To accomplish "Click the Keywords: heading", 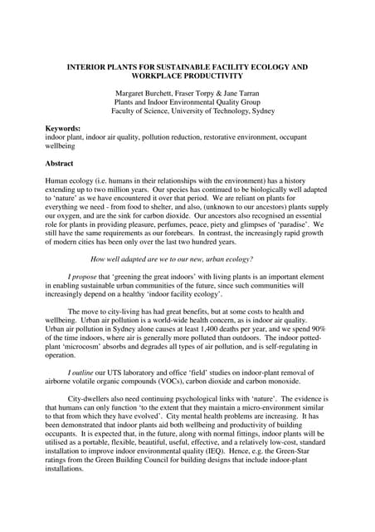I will (x=63, y=127).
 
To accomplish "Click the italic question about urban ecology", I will (x=171, y=259).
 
